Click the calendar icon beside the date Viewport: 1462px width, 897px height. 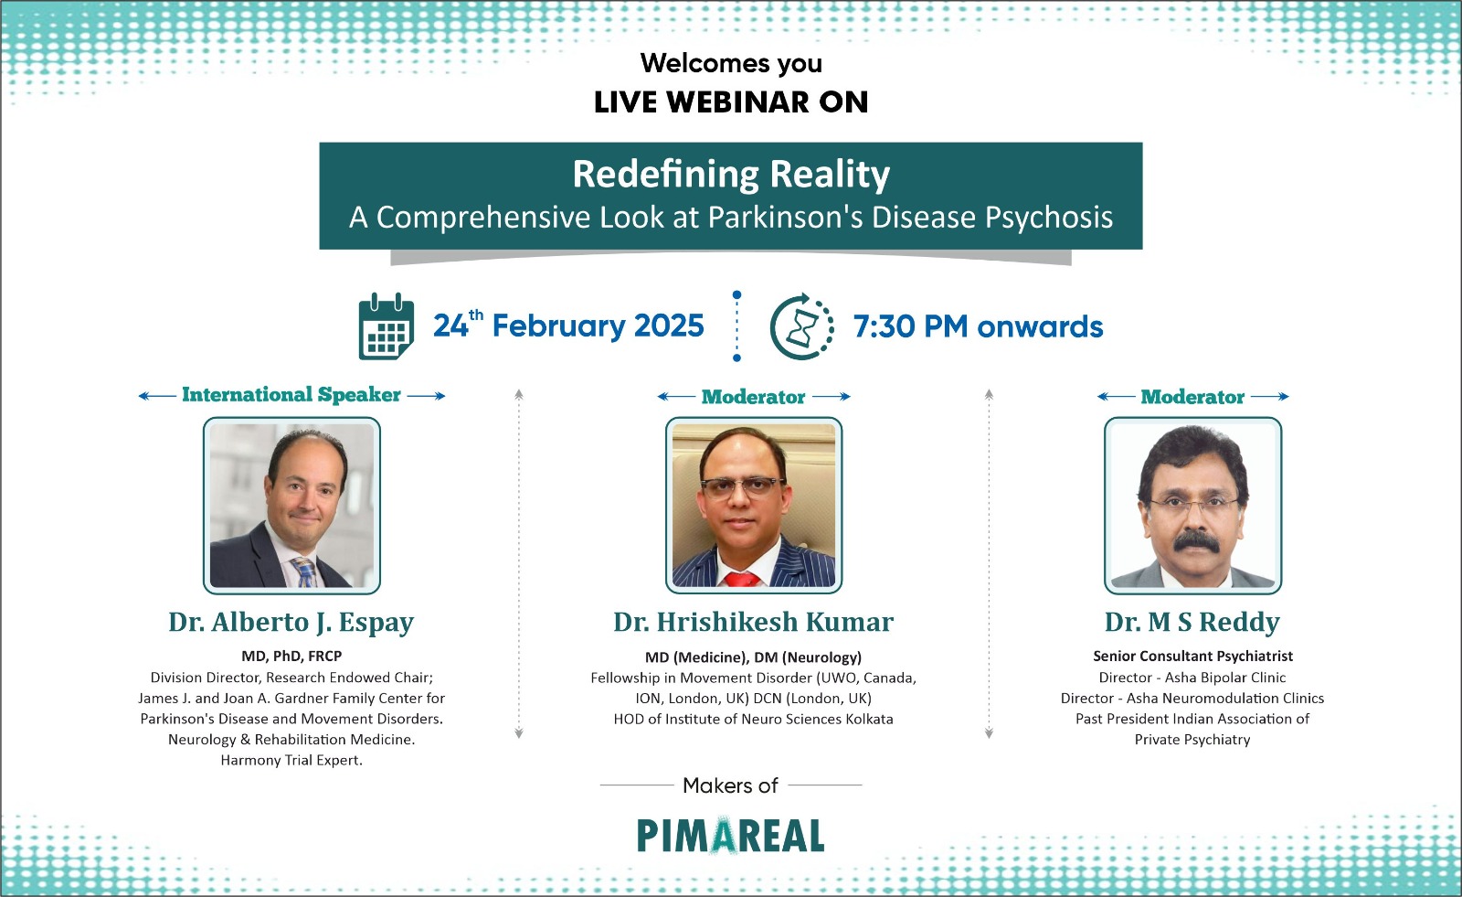[387, 326]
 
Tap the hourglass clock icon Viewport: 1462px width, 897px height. [802, 326]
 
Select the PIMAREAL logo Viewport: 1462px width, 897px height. [730, 836]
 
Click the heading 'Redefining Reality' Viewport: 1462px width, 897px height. [731, 174]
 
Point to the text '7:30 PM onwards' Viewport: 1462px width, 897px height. [978, 326]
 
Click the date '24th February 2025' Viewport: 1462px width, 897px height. [568, 325]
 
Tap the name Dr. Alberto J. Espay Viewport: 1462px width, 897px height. [291, 623]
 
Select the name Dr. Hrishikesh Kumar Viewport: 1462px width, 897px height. [753, 622]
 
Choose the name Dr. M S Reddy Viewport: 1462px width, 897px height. [1192, 623]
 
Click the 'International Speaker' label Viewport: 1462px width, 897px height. [291, 395]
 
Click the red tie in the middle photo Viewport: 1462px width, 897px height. [742, 579]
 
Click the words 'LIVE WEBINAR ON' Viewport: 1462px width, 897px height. [731, 101]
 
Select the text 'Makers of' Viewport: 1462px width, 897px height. [730, 785]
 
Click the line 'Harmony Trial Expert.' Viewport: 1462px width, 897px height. [291, 761]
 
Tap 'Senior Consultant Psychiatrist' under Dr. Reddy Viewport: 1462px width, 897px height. [1192, 656]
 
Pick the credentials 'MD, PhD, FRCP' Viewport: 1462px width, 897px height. [291, 656]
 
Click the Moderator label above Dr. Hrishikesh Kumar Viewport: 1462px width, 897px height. [753, 397]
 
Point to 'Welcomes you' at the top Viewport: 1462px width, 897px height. [731, 63]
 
